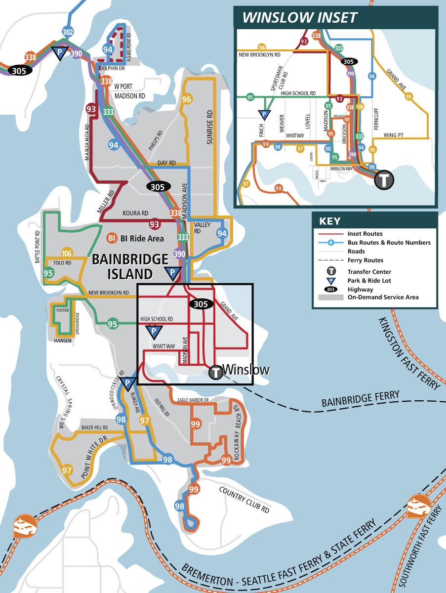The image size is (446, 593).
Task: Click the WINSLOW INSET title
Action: (299, 18)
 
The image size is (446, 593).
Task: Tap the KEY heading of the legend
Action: (330, 221)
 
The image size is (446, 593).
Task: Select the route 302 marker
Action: (68, 33)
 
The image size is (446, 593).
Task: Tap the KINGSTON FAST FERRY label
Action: (409, 353)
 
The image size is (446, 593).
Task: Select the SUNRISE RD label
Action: (209, 127)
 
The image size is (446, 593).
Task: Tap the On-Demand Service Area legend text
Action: (383, 297)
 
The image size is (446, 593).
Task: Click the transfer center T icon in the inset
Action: (384, 180)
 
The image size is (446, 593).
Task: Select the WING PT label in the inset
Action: (394, 134)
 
